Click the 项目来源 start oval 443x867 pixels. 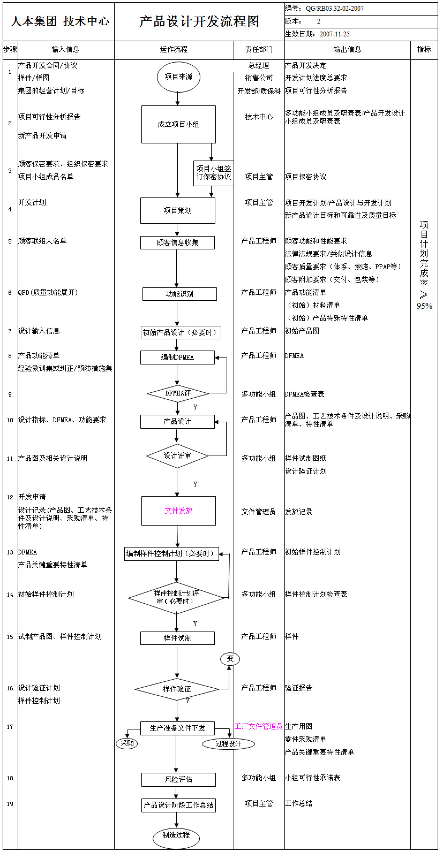pyautogui.click(x=178, y=77)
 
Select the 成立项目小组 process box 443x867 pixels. pyautogui.click(x=178, y=124)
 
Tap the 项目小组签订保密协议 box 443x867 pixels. pyautogui.click(x=213, y=173)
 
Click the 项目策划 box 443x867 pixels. pyautogui.click(x=178, y=210)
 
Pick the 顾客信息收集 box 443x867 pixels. pyautogui.click(x=177, y=242)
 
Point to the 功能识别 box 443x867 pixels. pyautogui.click(x=179, y=294)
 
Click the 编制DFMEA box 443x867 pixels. pyautogui.click(x=177, y=357)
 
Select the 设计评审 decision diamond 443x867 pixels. pyautogui.click(x=177, y=456)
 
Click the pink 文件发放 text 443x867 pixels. pyautogui.click(x=178, y=511)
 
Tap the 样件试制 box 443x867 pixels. pyautogui.click(x=177, y=638)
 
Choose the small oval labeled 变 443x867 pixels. pyautogui.click(x=230, y=659)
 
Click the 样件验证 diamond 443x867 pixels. pyautogui.click(x=177, y=689)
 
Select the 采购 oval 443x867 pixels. pyautogui.click(x=127, y=743)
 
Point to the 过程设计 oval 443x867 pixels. pyautogui.click(x=228, y=743)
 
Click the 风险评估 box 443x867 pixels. pyautogui.click(x=178, y=779)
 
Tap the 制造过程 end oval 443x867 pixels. pyautogui.click(x=176, y=835)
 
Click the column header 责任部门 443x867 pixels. pyautogui.click(x=259, y=49)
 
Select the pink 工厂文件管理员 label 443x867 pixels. pyautogui.click(x=258, y=726)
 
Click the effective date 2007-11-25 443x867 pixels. pyautogui.click(x=335, y=34)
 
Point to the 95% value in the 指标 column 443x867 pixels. pyautogui.click(x=424, y=306)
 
